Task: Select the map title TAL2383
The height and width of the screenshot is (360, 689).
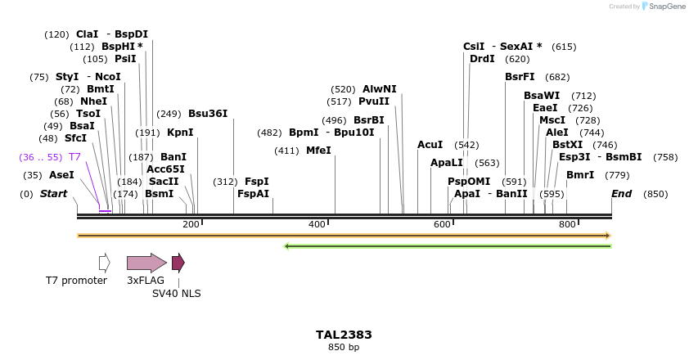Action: [x=344, y=335]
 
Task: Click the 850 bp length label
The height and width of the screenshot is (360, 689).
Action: [x=344, y=348]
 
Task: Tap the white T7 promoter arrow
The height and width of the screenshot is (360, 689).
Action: [x=104, y=263]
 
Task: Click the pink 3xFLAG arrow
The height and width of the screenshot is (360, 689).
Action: [x=146, y=263]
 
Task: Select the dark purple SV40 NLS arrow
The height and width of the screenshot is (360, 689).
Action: [x=178, y=263]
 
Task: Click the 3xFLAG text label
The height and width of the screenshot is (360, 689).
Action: [x=146, y=281]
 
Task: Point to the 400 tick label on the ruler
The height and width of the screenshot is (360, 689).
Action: [x=317, y=224]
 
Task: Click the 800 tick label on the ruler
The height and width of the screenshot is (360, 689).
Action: [x=567, y=224]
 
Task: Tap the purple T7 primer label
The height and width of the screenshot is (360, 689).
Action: [x=74, y=156]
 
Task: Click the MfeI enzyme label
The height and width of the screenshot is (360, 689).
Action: [x=318, y=151]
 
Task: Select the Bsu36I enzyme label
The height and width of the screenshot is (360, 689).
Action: [x=208, y=114]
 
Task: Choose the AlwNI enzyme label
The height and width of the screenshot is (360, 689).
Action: [x=379, y=89]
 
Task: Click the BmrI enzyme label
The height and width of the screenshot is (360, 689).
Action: [x=580, y=175]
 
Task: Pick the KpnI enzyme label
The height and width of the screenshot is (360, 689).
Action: [x=180, y=132]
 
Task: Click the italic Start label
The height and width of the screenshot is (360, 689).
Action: [x=53, y=194]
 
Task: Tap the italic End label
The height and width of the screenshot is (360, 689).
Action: [x=622, y=194]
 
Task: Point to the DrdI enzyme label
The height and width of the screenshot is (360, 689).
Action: [x=482, y=59]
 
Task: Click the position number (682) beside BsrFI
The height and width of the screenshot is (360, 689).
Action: [x=557, y=77]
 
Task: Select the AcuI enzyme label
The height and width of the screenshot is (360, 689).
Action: [x=430, y=145]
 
